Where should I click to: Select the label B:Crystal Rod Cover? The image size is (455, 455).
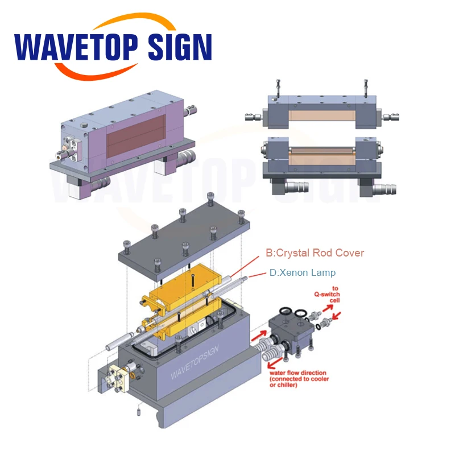pos(315,253)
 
